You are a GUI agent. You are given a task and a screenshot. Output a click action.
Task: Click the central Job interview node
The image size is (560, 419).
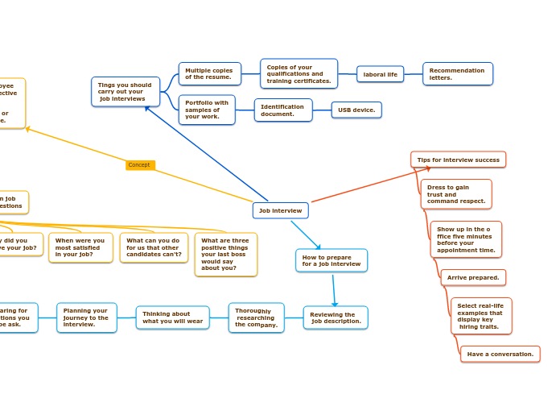point(280,210)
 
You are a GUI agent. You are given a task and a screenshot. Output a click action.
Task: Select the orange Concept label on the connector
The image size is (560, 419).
point(139,165)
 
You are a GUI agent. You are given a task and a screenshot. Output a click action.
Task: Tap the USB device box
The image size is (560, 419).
point(356,110)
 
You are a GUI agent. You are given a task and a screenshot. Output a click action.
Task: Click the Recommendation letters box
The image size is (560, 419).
point(457,74)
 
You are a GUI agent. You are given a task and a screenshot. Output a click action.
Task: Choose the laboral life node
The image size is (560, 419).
point(380,74)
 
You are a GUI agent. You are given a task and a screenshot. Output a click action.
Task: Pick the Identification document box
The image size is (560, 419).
point(283,110)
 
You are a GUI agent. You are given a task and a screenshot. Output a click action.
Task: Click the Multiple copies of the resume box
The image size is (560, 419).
point(209,74)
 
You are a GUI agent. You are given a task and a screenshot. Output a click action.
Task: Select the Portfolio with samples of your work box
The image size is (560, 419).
point(207,110)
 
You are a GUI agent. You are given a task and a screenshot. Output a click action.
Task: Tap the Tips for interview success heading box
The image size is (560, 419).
point(458,160)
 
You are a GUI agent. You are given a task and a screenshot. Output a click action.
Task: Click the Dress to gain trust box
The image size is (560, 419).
point(456,194)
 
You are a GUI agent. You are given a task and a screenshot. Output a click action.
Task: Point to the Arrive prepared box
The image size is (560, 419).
point(473,277)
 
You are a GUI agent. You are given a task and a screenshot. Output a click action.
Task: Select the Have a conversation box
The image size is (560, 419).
point(500,354)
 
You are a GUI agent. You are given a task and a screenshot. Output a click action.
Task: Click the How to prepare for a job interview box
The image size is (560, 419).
point(331,260)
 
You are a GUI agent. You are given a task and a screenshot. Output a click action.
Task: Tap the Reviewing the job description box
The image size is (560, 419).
point(336,317)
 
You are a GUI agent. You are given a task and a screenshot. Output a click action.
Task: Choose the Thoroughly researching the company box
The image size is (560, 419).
point(256,317)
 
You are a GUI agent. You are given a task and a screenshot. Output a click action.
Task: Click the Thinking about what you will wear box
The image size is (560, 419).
point(172,317)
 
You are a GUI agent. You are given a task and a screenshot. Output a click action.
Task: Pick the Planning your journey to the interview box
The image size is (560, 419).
point(86,317)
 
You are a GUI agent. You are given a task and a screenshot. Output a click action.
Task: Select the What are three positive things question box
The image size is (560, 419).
point(225,254)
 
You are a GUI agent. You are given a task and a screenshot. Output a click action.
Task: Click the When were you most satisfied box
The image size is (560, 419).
point(80,247)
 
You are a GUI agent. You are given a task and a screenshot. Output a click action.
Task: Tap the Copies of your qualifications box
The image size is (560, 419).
point(299,74)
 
